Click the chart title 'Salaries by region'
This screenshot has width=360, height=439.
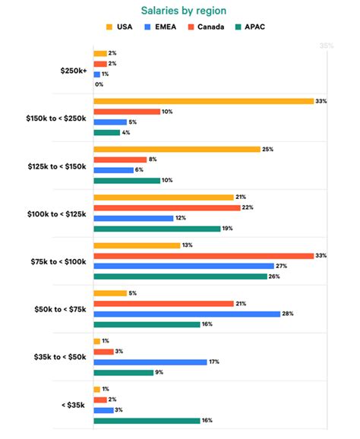pyautogui.click(x=180, y=11)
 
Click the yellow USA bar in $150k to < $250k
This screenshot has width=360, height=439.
pyautogui.click(x=204, y=101)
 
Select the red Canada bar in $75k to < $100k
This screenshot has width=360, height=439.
pyautogui.click(x=204, y=255)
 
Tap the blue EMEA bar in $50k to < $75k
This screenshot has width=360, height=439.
pyautogui.click(x=187, y=314)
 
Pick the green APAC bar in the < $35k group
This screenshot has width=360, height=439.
pyautogui.click(x=147, y=420)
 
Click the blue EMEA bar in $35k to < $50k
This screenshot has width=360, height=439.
pyautogui.click(x=150, y=362)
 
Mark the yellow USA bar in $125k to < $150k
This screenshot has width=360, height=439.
pyautogui.click(x=176, y=149)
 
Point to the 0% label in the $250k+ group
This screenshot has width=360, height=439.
pyautogui.click(x=99, y=84)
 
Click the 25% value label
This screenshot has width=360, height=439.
pyautogui.click(x=267, y=149)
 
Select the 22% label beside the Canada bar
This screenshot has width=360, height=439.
pyautogui.click(x=246, y=207)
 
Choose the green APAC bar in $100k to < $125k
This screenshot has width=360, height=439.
pyautogui.click(x=156, y=228)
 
